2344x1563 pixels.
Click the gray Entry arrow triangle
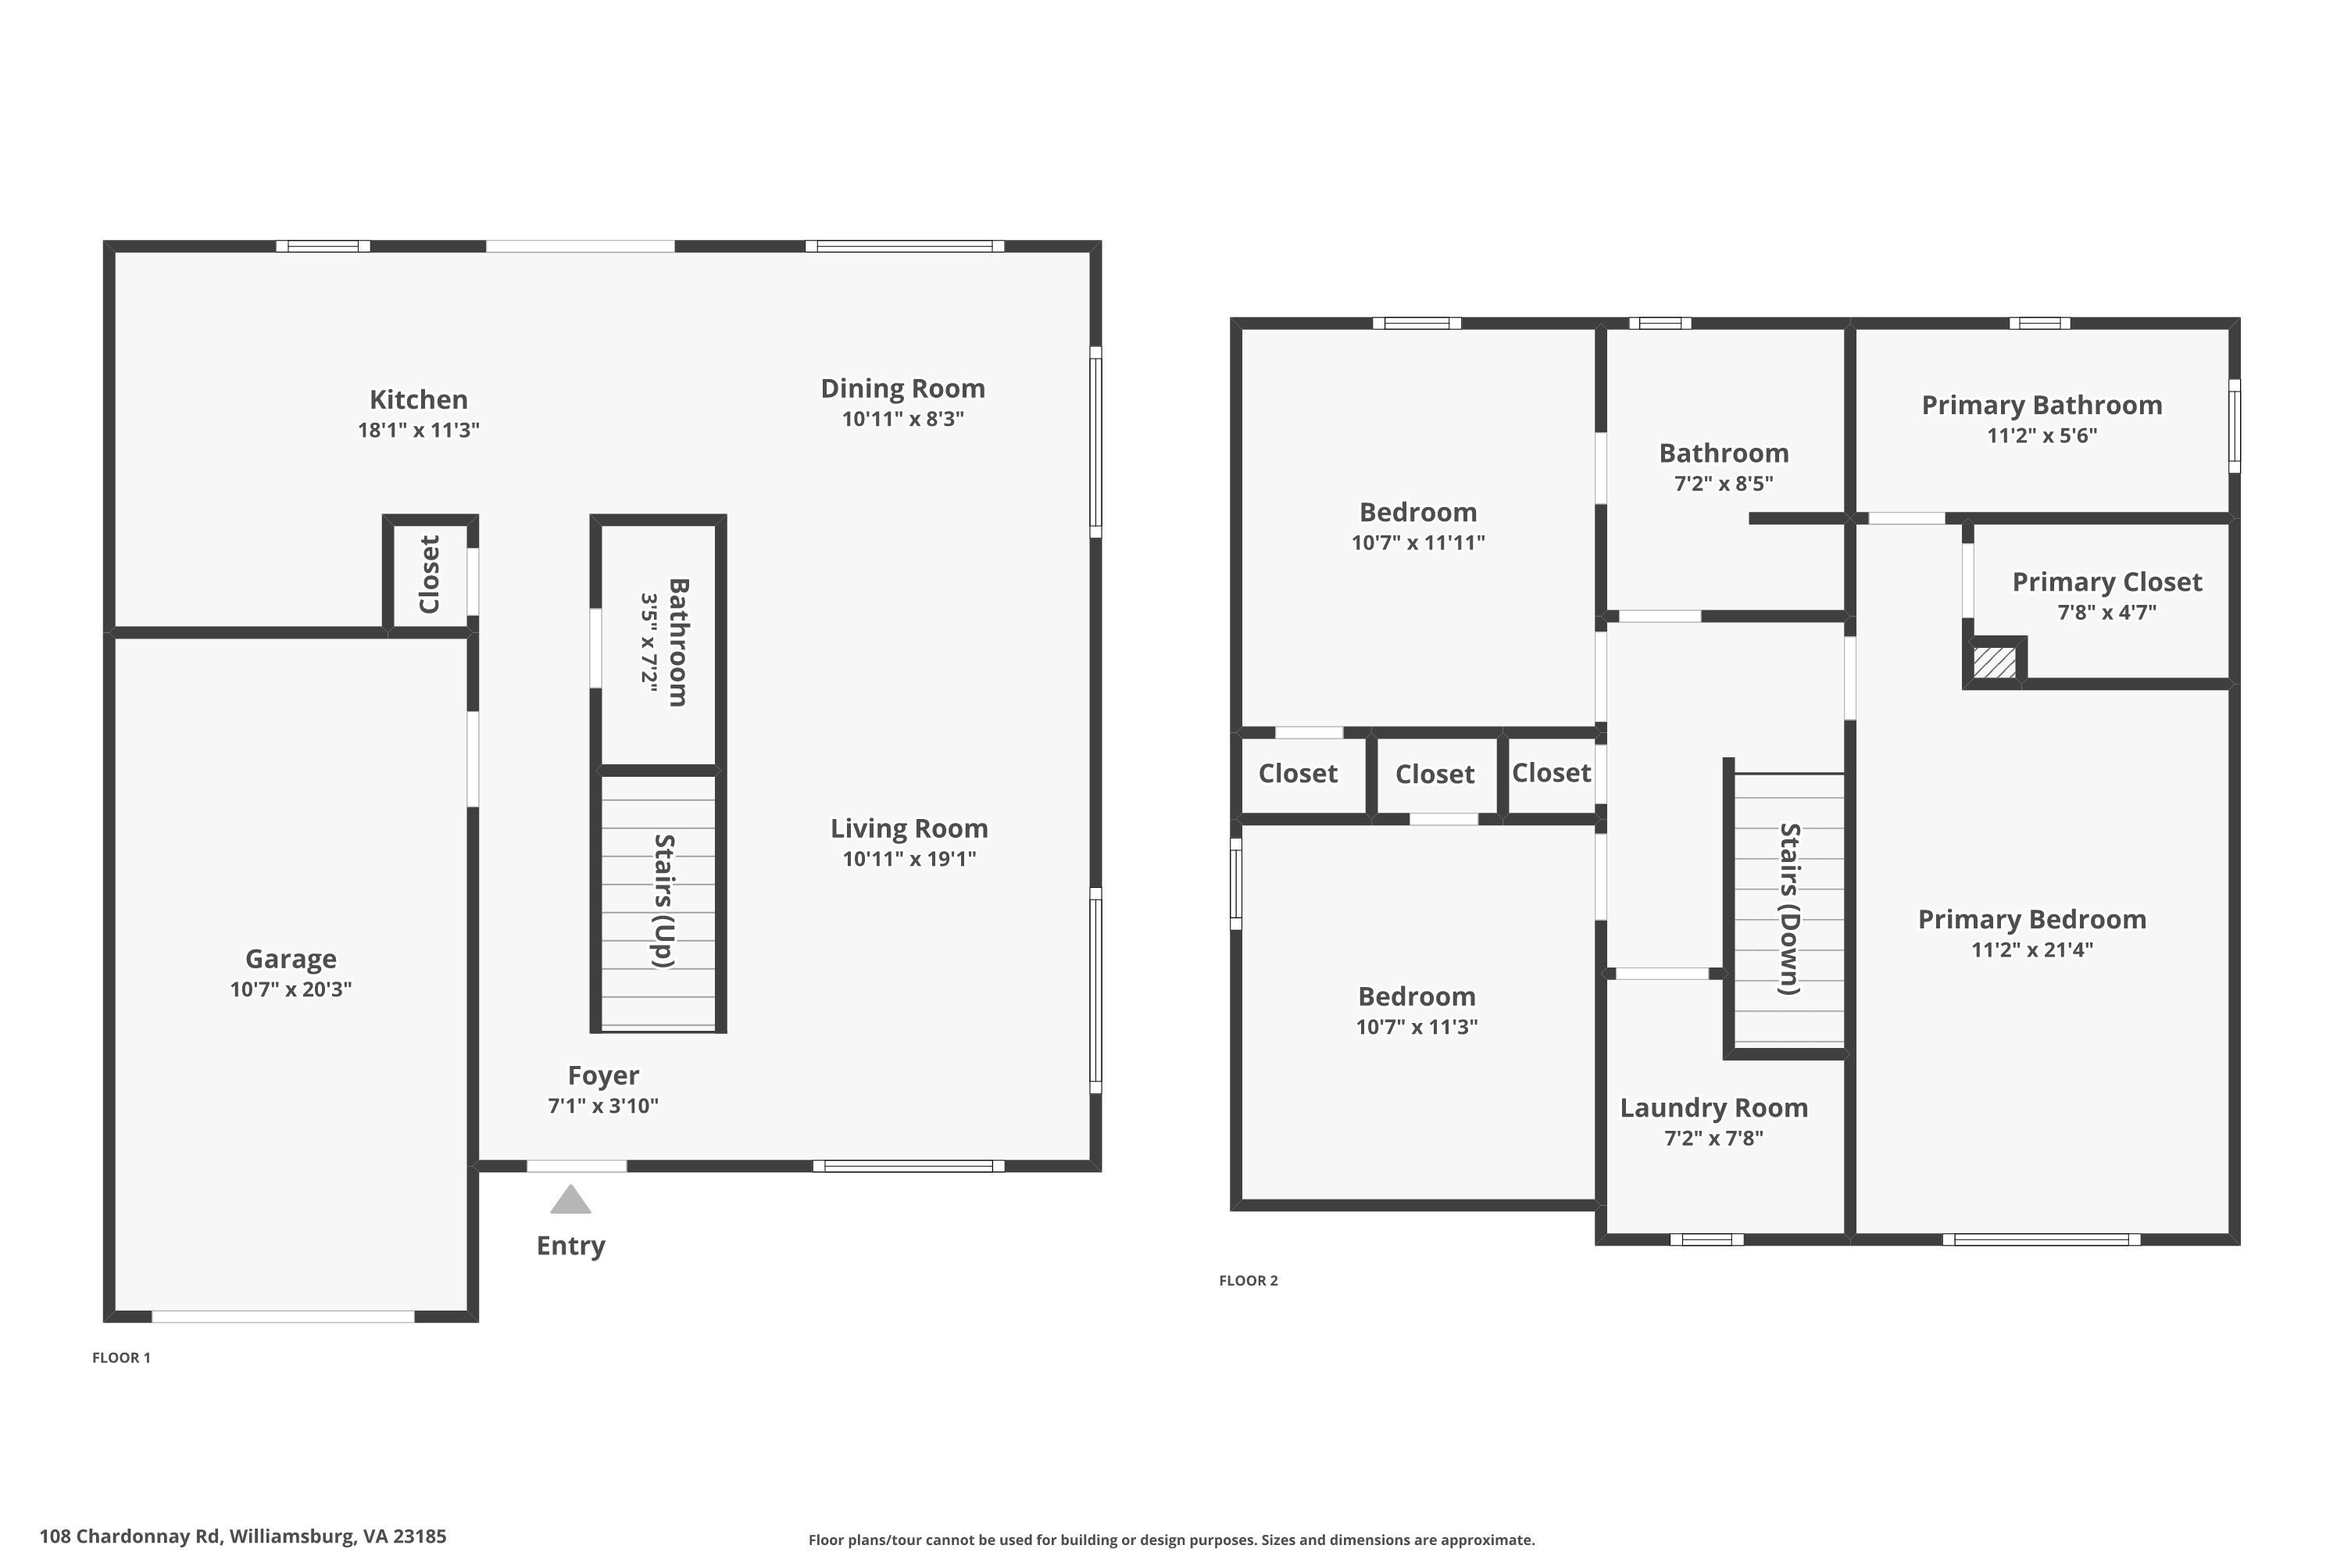[571, 1200]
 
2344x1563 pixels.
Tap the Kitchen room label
[419, 399]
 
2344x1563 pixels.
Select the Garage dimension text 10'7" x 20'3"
[291, 990]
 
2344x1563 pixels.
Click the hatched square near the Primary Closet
[1996, 663]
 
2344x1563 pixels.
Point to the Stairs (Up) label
[663, 901]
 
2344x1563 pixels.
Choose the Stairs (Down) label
[1791, 909]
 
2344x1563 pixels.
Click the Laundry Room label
[1714, 1107]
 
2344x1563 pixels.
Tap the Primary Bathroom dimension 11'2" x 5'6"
[2042, 435]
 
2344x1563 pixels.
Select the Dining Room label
[903, 388]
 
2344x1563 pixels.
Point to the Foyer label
[604, 1075]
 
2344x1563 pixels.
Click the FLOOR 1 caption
[122, 1357]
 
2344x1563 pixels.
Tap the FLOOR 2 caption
[1249, 1281]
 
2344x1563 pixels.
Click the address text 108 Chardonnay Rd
[130, 1536]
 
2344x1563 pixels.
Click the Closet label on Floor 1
[430, 575]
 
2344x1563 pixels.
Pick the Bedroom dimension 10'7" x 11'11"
[1418, 543]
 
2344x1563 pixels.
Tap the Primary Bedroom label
[2032, 920]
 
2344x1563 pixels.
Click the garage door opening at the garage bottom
[283, 1317]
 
